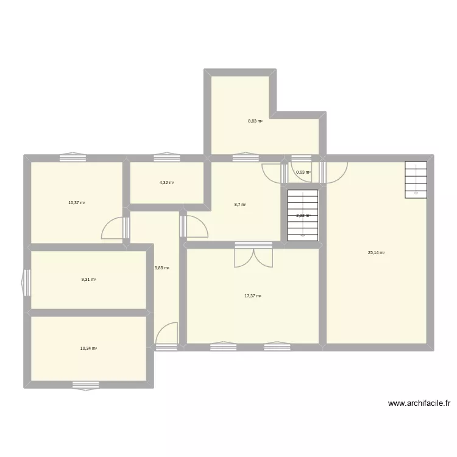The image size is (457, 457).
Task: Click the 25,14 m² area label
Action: click(x=376, y=253)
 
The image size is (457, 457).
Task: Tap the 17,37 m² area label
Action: click(x=252, y=296)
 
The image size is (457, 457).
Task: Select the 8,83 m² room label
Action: click(x=255, y=121)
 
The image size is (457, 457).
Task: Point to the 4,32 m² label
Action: click(x=166, y=183)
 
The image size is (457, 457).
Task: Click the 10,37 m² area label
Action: click(x=77, y=202)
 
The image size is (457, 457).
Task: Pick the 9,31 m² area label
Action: click(x=88, y=280)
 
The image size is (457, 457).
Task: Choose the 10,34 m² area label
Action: click(x=88, y=349)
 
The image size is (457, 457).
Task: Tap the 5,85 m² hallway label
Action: click(x=161, y=268)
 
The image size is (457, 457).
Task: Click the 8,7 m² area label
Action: click(x=240, y=205)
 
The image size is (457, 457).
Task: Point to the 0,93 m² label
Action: click(x=303, y=172)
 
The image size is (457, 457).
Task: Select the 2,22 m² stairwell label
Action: click(x=303, y=216)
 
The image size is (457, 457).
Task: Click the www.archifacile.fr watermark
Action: click(x=419, y=403)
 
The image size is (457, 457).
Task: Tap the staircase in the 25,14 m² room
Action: click(x=416, y=179)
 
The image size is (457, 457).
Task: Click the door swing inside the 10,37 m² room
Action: click(x=113, y=228)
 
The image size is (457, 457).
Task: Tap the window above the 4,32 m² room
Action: click(x=166, y=158)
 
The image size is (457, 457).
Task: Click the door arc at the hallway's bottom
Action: click(x=166, y=334)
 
